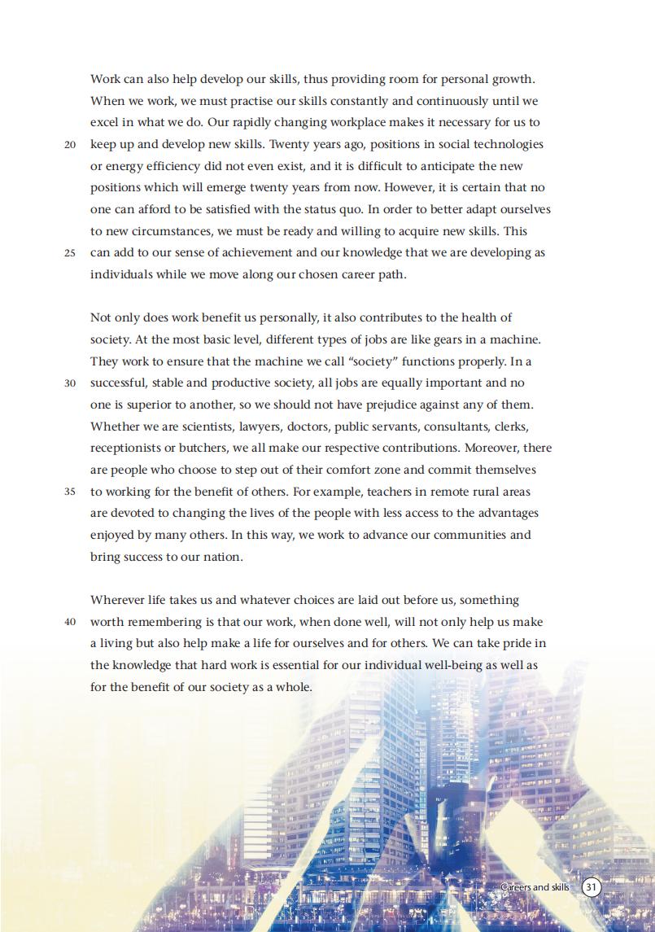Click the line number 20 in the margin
(x=70, y=145)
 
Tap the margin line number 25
(x=70, y=253)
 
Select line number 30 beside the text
(x=70, y=383)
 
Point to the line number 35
(x=70, y=492)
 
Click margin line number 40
(x=70, y=623)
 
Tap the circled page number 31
(x=592, y=886)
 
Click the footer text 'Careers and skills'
(x=535, y=886)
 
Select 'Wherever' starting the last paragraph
(x=117, y=600)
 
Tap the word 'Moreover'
(x=491, y=448)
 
